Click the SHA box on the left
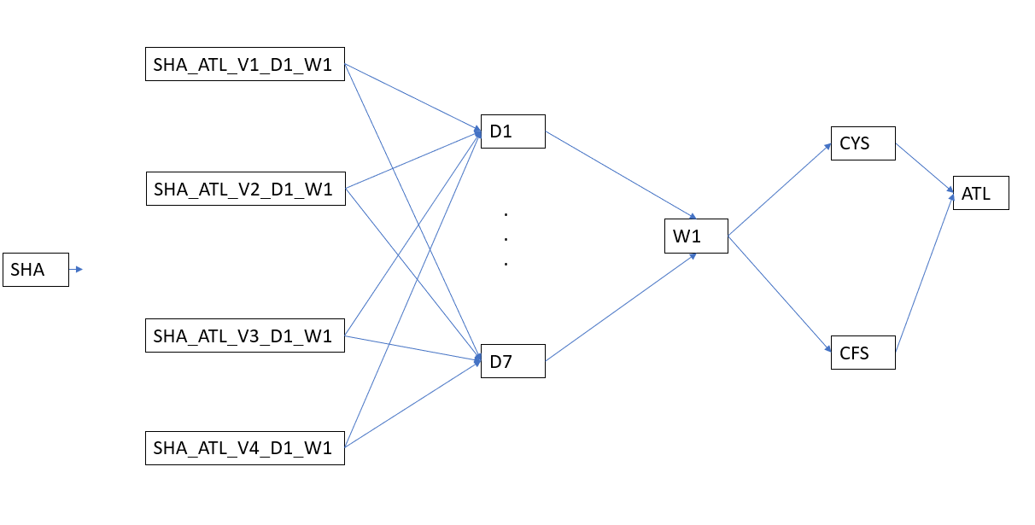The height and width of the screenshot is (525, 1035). pyautogui.click(x=36, y=270)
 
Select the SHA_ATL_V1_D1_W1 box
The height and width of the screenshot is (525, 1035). pyautogui.click(x=244, y=63)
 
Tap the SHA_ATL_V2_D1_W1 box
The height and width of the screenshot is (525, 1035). pyautogui.click(x=244, y=188)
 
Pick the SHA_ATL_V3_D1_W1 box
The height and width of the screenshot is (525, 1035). pyautogui.click(x=244, y=335)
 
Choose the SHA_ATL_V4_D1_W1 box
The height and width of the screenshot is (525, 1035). pyautogui.click(x=244, y=447)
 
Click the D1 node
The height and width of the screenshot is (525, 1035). pyautogui.click(x=512, y=131)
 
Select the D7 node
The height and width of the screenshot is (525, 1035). pyautogui.click(x=512, y=361)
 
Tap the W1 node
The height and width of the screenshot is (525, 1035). pyautogui.click(x=696, y=236)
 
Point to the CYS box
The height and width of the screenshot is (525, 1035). pyautogui.click(x=862, y=143)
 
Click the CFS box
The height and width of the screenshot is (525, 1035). pyautogui.click(x=862, y=353)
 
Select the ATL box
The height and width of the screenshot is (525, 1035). pyautogui.click(x=980, y=193)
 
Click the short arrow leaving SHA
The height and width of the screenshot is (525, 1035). pyautogui.click(x=76, y=270)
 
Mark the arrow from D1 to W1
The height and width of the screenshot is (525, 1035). pyautogui.click(x=622, y=175)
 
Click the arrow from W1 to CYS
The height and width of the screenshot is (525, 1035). pyautogui.click(x=779, y=189)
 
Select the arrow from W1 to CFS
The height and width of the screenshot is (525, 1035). pyautogui.click(x=779, y=293)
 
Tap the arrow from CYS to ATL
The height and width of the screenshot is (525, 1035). pyautogui.click(x=924, y=167)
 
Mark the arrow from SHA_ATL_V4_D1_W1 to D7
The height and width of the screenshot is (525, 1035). pyautogui.click(x=411, y=405)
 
